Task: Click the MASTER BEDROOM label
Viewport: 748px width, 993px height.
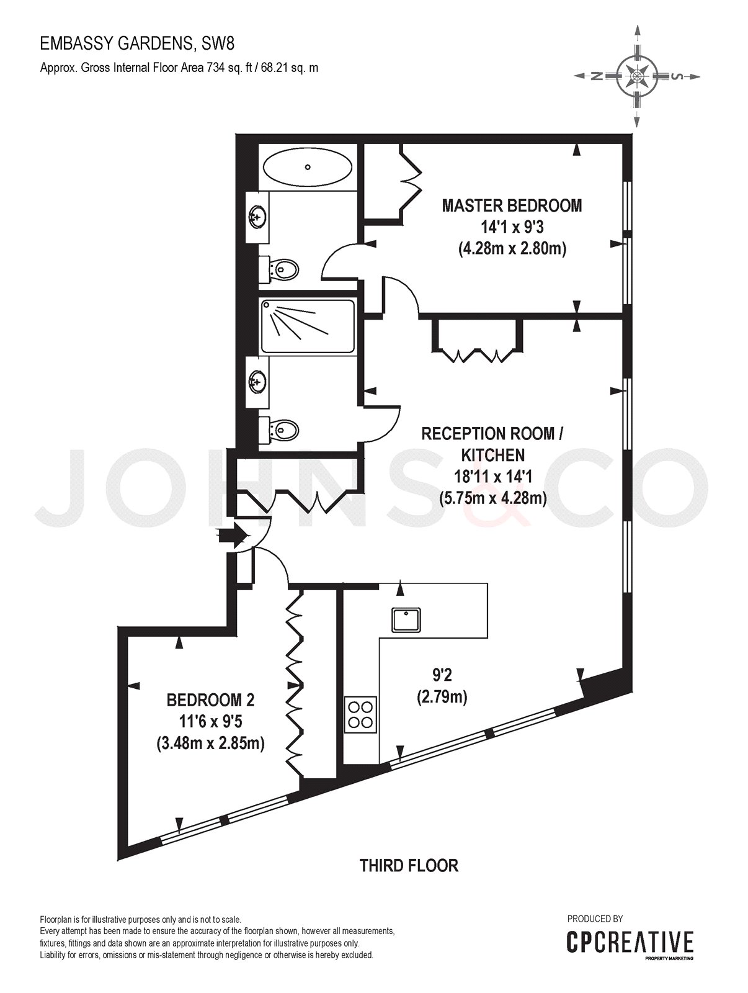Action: coord(512,206)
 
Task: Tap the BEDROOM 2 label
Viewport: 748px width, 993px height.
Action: coord(210,700)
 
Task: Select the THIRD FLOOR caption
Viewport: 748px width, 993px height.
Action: coord(409,865)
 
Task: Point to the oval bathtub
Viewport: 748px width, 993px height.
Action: coord(308,167)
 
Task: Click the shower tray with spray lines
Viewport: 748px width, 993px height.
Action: coord(308,326)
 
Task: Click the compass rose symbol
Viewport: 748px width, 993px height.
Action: coord(636,76)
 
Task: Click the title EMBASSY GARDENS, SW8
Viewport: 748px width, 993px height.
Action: coord(137,44)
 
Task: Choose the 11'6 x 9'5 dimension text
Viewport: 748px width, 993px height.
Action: coord(210,722)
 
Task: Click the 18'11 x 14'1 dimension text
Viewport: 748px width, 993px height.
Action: coord(492,477)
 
